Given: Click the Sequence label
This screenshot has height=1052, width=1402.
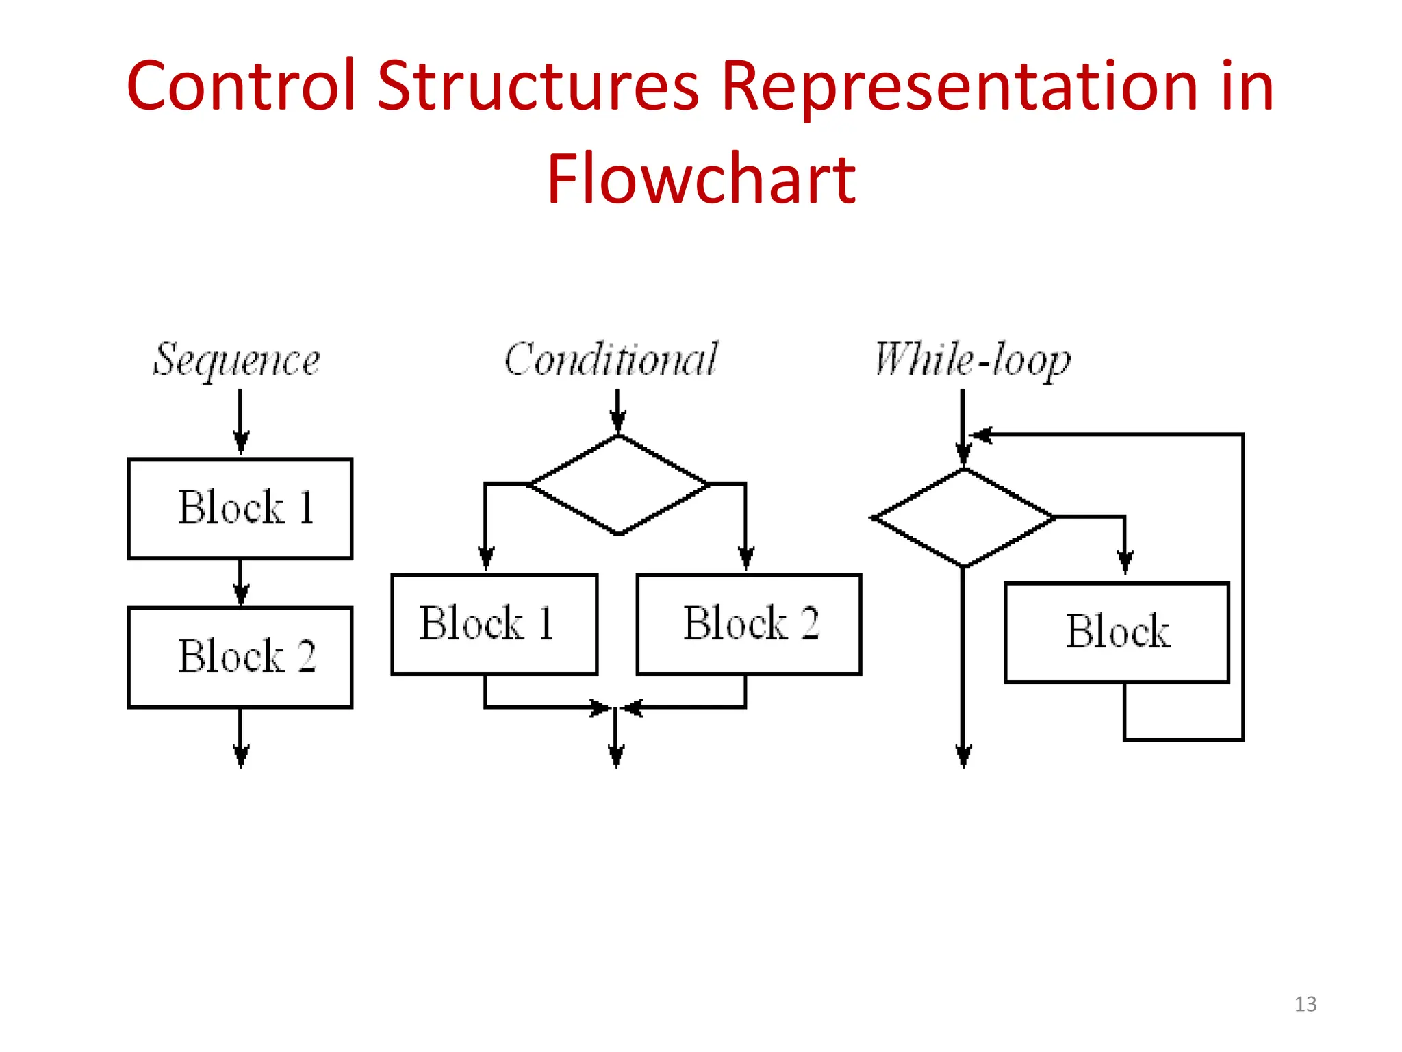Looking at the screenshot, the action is click(x=236, y=360).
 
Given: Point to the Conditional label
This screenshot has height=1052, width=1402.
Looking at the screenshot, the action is click(x=611, y=359).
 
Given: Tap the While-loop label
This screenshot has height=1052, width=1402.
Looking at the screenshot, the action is click(x=973, y=360).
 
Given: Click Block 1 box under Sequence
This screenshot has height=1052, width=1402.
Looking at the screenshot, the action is click(x=240, y=509).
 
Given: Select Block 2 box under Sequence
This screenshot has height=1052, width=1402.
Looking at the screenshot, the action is click(x=240, y=657).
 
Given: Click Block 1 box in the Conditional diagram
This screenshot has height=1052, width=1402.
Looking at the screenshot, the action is click(x=494, y=625).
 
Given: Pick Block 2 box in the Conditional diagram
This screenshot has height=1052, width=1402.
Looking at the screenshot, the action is click(x=749, y=625).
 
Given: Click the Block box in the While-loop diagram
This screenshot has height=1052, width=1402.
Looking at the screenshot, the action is click(x=1117, y=633).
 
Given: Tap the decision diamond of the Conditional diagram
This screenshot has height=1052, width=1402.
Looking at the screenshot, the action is click(x=620, y=485).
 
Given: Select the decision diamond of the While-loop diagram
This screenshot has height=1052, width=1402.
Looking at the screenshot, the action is click(x=964, y=518).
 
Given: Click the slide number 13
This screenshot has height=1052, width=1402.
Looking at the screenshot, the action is click(x=1305, y=1004).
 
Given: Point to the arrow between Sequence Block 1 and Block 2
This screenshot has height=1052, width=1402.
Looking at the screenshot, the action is click(x=240, y=583).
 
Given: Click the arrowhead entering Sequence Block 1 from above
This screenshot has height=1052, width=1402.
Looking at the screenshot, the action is click(x=240, y=442).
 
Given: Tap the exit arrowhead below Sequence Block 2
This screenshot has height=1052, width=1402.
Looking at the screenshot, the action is click(x=240, y=756).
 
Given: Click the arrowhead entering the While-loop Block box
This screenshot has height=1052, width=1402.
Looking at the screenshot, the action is click(x=1125, y=562).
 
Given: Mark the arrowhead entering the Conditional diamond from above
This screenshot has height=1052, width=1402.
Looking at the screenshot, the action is click(x=618, y=421).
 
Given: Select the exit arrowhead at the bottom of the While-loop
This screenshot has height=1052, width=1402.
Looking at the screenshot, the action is click(x=964, y=756).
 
